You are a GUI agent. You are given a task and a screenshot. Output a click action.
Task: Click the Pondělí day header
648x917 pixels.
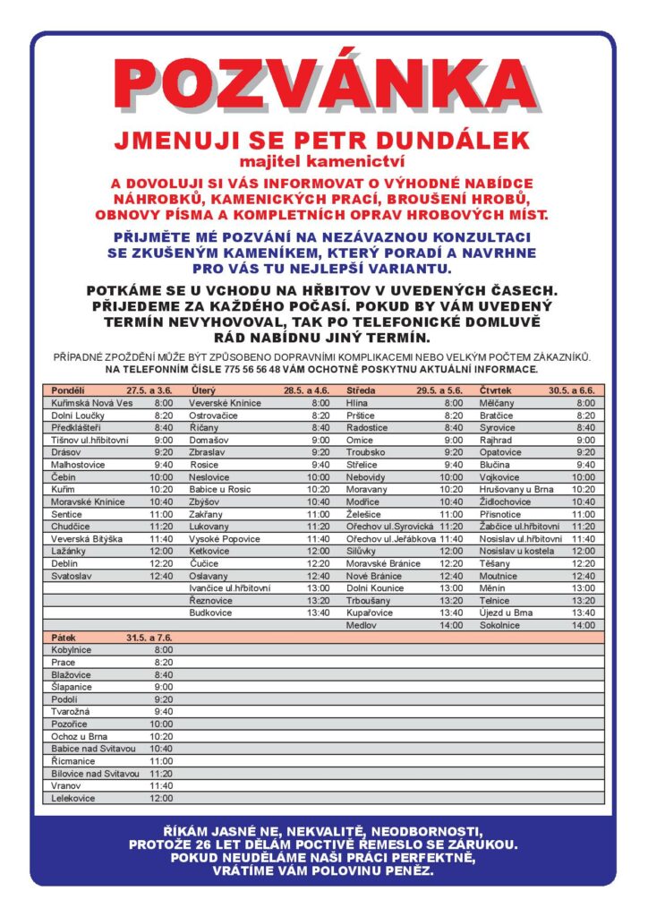[x=68, y=391]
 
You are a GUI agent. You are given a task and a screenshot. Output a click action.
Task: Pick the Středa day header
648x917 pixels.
[x=361, y=391]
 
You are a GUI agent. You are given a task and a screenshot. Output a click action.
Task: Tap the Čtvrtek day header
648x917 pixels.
[x=497, y=391]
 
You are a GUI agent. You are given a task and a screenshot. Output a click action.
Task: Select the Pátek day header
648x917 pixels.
[x=64, y=637]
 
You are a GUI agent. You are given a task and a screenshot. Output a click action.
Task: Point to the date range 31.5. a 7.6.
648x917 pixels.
[x=149, y=637]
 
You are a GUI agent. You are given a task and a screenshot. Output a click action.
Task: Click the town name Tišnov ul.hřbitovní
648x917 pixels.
[x=88, y=441]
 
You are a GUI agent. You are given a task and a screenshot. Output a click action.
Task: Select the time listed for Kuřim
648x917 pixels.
[x=161, y=490]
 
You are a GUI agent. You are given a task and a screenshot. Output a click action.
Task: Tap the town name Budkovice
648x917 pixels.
[x=211, y=613]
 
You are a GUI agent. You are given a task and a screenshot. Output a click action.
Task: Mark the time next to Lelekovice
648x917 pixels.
[x=161, y=798]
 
